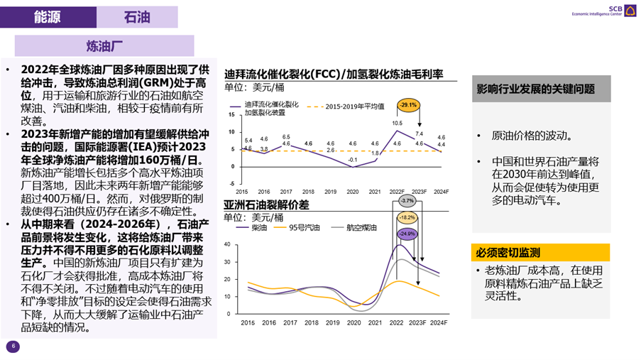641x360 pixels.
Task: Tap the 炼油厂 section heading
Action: tap(104, 47)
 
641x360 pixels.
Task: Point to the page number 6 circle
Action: tap(13, 347)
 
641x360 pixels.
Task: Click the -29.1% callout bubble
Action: tap(409, 106)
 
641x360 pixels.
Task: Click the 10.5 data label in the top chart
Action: tap(398, 123)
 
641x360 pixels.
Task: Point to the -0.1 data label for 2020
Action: tap(352, 159)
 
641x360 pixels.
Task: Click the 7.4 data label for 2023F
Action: tap(420, 133)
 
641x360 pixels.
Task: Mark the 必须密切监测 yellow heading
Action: tap(508, 253)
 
